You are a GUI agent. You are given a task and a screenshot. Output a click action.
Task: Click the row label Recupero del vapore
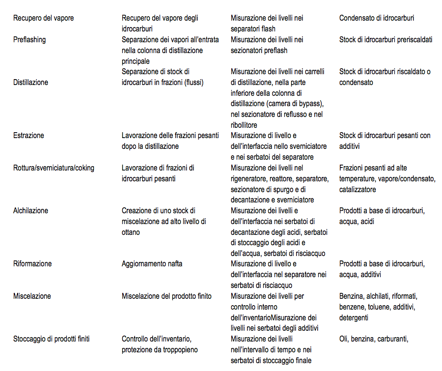44,18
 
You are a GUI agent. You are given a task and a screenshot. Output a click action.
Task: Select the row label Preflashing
29,40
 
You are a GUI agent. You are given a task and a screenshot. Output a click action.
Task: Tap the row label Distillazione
30,83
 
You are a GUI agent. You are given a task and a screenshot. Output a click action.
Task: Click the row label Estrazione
28,136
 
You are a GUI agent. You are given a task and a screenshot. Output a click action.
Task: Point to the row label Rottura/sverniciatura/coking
54,168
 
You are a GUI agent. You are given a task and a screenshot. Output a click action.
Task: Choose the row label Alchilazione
30,211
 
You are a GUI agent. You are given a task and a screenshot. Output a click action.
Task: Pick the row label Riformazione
32,264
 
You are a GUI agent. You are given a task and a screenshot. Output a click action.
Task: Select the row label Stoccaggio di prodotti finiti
52,339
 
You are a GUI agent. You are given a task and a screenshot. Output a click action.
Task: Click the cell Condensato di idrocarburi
377,18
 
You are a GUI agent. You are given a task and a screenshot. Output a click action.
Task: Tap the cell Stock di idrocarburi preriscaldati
386,40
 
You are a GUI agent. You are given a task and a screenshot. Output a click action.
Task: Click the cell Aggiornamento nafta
152,264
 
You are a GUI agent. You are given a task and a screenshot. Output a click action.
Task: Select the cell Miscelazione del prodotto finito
166,296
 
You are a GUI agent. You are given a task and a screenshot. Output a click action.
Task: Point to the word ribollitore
244,125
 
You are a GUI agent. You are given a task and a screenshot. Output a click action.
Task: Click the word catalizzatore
358,190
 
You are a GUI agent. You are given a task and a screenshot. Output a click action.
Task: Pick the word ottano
131,232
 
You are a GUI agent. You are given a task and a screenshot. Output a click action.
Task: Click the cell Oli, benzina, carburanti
374,339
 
